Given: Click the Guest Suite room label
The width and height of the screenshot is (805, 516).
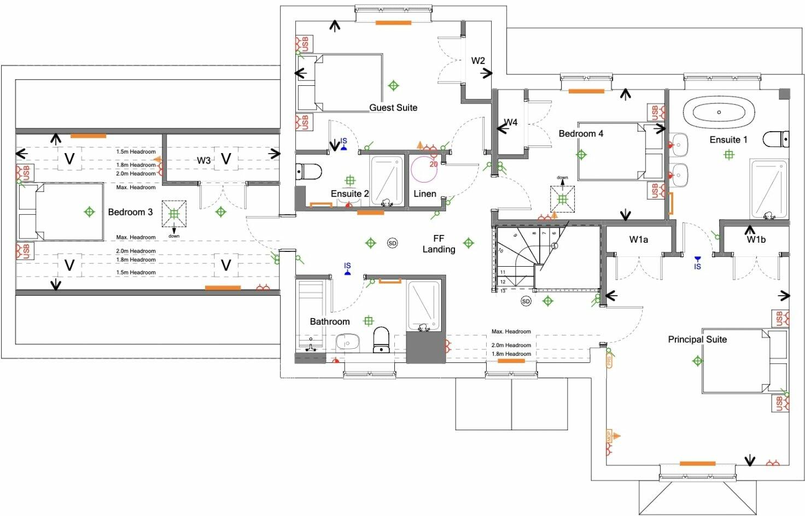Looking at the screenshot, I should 393,108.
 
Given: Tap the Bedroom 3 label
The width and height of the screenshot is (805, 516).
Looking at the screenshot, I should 130,212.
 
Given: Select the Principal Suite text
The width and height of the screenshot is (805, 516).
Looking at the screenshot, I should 697,339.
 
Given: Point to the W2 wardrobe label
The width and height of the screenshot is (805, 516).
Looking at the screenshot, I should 478,61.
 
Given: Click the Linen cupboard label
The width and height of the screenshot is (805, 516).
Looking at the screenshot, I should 424,194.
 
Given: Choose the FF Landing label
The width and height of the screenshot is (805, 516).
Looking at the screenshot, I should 439,244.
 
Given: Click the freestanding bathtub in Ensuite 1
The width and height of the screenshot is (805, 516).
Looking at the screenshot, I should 719,113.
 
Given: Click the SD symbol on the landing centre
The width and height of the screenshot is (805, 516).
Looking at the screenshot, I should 392,243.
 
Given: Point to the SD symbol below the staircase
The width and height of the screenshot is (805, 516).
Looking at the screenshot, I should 526,301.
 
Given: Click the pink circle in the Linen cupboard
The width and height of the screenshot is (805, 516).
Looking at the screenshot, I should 424,169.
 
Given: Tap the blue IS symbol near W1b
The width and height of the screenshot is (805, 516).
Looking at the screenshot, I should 697,263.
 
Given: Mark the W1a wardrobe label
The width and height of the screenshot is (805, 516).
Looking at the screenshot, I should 638,239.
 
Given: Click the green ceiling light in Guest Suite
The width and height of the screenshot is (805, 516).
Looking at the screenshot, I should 393,86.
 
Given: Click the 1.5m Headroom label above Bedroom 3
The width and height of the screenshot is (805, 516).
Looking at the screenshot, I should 136,152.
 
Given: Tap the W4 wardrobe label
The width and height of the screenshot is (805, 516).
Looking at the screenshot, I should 510,122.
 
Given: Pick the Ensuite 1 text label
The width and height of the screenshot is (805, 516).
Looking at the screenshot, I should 728,140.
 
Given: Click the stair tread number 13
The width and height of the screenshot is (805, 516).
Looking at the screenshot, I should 503,291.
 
